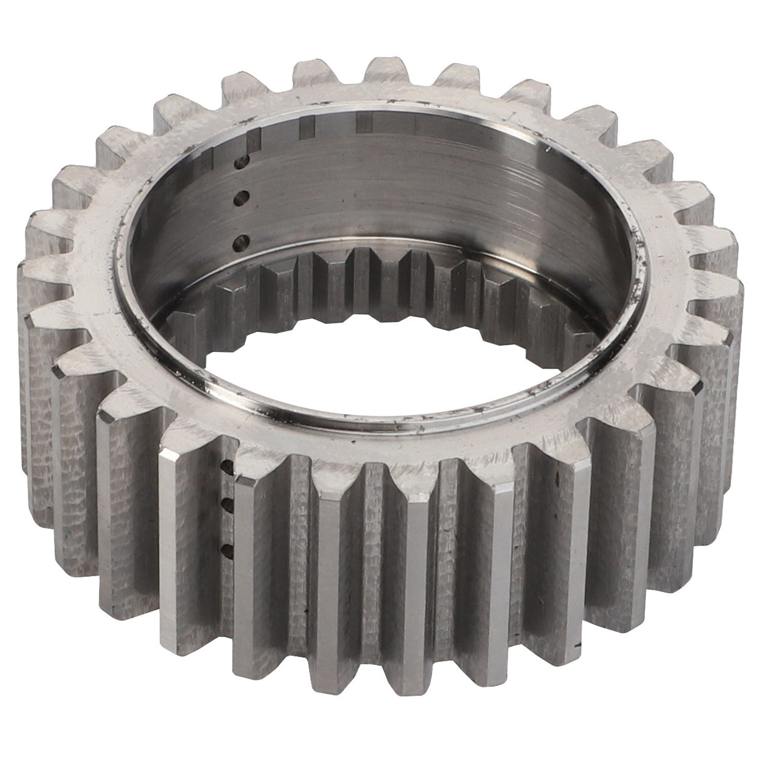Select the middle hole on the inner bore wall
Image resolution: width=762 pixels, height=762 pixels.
pyautogui.click(x=239, y=199)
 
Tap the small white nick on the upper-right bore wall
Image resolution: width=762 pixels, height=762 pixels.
pyautogui.click(x=547, y=149)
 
